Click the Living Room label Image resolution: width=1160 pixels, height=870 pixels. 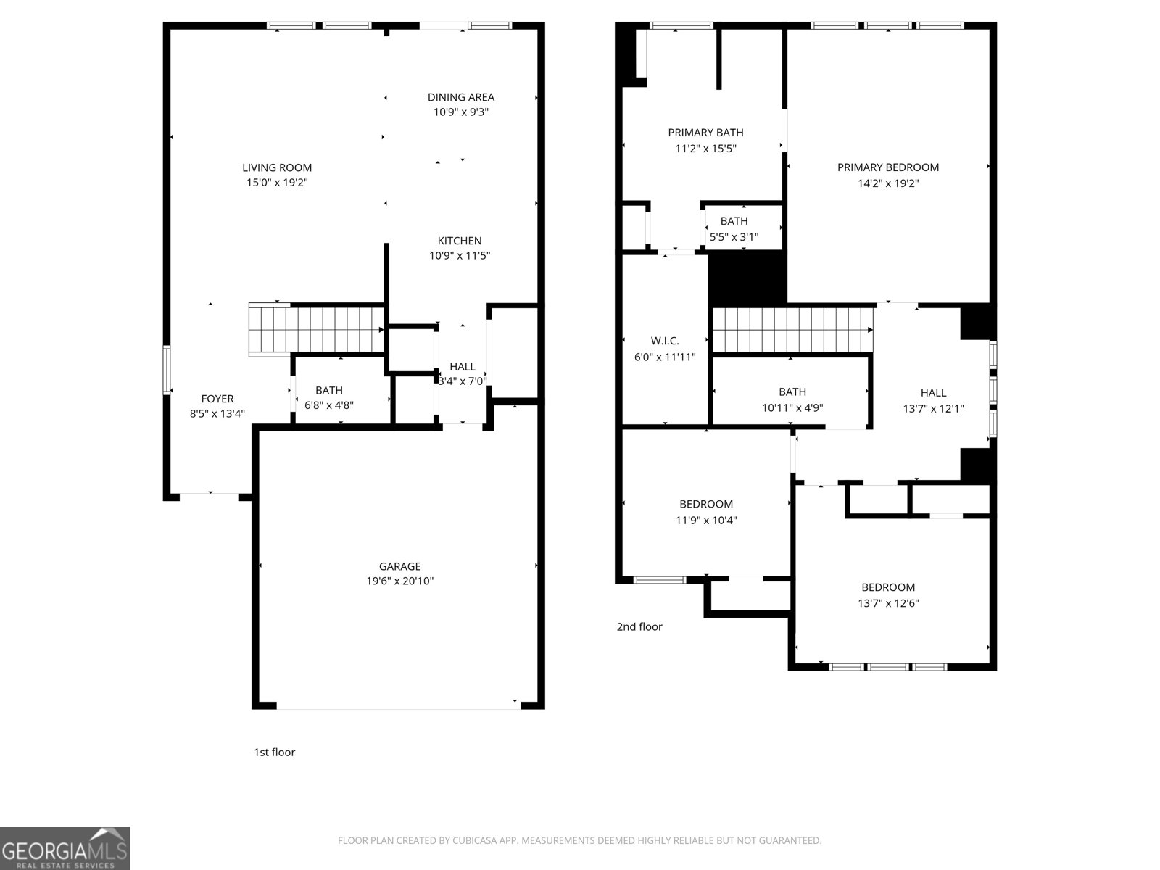[277, 167]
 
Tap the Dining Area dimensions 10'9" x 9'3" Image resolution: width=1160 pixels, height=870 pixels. [460, 112]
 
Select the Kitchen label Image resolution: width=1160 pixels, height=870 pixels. [459, 241]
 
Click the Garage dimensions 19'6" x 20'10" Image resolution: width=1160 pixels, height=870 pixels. [399, 581]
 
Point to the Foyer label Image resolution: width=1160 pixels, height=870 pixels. [217, 399]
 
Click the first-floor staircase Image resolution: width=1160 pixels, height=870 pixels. [316, 329]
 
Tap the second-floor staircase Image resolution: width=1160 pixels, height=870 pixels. [792, 330]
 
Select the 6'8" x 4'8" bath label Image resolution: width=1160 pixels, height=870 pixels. [328, 391]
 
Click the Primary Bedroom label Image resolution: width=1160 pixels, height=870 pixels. [887, 167]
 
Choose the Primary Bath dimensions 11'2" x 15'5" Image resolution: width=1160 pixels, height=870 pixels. [705, 149]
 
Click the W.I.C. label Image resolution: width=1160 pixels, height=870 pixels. [664, 341]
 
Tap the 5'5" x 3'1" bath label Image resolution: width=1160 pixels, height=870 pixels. [734, 221]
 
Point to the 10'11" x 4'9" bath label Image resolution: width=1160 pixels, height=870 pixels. [792, 392]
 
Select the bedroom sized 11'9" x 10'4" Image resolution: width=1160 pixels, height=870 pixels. [705, 505]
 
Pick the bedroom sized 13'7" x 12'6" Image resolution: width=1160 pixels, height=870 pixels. [887, 587]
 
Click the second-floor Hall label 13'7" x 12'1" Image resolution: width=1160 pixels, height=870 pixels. [933, 393]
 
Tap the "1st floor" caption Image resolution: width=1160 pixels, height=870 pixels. [274, 752]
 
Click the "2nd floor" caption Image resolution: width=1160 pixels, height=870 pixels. [639, 626]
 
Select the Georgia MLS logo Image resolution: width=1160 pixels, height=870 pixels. [65, 848]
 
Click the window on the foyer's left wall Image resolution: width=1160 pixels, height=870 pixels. [167, 370]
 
